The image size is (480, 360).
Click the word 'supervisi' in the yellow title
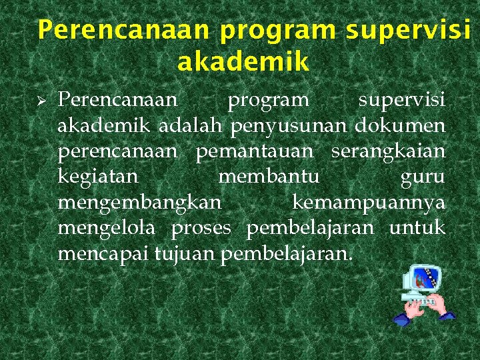pos(408,30)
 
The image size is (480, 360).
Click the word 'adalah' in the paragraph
pos(193,125)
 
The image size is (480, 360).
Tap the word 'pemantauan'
pos(254,151)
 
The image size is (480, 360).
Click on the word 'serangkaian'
pos(388,151)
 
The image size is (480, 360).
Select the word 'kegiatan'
pos(98,177)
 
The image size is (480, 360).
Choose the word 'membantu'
pos(269,177)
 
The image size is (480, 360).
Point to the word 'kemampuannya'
pos(369,203)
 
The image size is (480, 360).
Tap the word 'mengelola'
pos(107,228)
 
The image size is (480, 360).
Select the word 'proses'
pos(201,229)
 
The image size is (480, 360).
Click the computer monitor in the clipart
pos(423,279)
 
